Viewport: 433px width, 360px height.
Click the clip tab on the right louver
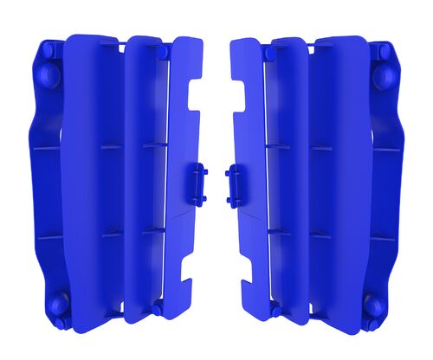tap(235, 184)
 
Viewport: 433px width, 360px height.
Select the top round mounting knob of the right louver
tap(382, 75)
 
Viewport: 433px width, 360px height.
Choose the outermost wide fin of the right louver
tap(339, 173)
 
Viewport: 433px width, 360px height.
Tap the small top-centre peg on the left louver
tap(163, 53)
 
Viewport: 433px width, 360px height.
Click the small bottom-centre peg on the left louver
tap(157, 308)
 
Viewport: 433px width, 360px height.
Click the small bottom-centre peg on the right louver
tap(276, 309)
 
